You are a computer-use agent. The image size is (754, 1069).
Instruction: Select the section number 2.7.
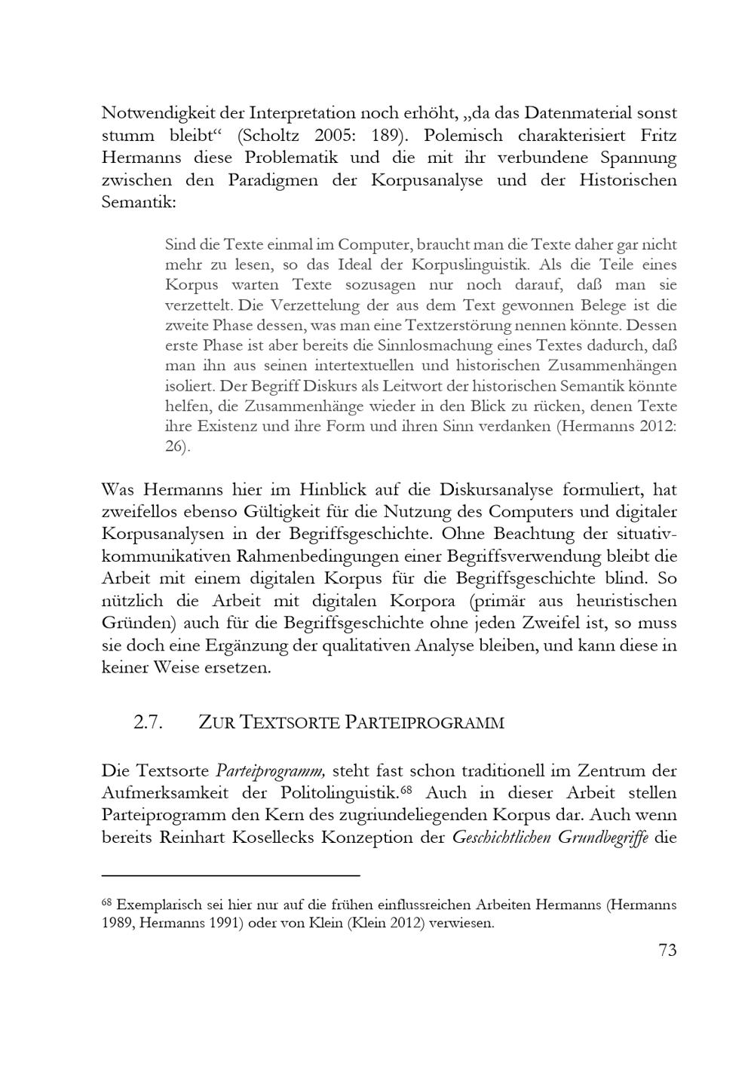148,722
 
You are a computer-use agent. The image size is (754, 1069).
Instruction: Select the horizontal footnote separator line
231,875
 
